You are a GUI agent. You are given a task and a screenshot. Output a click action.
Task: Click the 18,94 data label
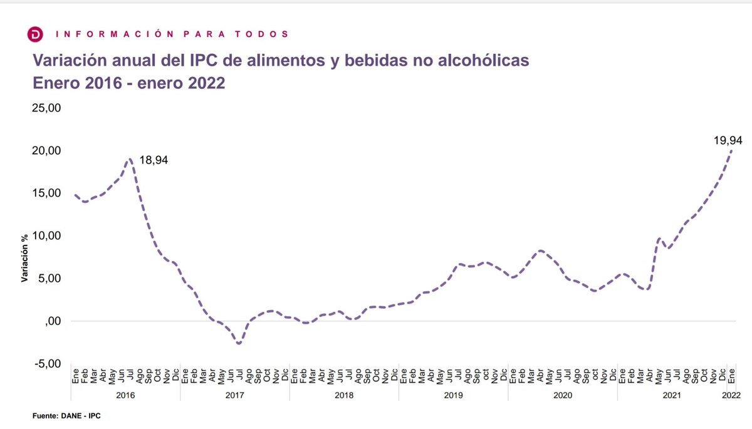(153, 161)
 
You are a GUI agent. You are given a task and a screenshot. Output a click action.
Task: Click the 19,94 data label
(727, 141)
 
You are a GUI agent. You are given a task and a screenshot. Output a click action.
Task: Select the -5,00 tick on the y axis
(46, 364)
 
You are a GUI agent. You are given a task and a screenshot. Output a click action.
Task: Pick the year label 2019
(453, 395)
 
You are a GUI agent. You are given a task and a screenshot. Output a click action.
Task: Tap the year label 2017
(234, 395)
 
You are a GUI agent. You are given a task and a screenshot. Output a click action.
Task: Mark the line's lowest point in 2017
(239, 343)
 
